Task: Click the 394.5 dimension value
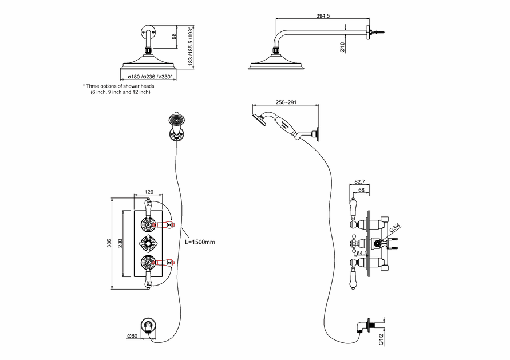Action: (x=323, y=16)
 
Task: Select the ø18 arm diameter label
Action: (x=342, y=48)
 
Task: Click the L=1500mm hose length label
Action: (x=200, y=242)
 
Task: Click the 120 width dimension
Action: (x=149, y=193)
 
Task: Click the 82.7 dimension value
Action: (x=360, y=181)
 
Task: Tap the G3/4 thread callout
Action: (x=394, y=230)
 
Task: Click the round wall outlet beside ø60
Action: (x=149, y=325)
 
